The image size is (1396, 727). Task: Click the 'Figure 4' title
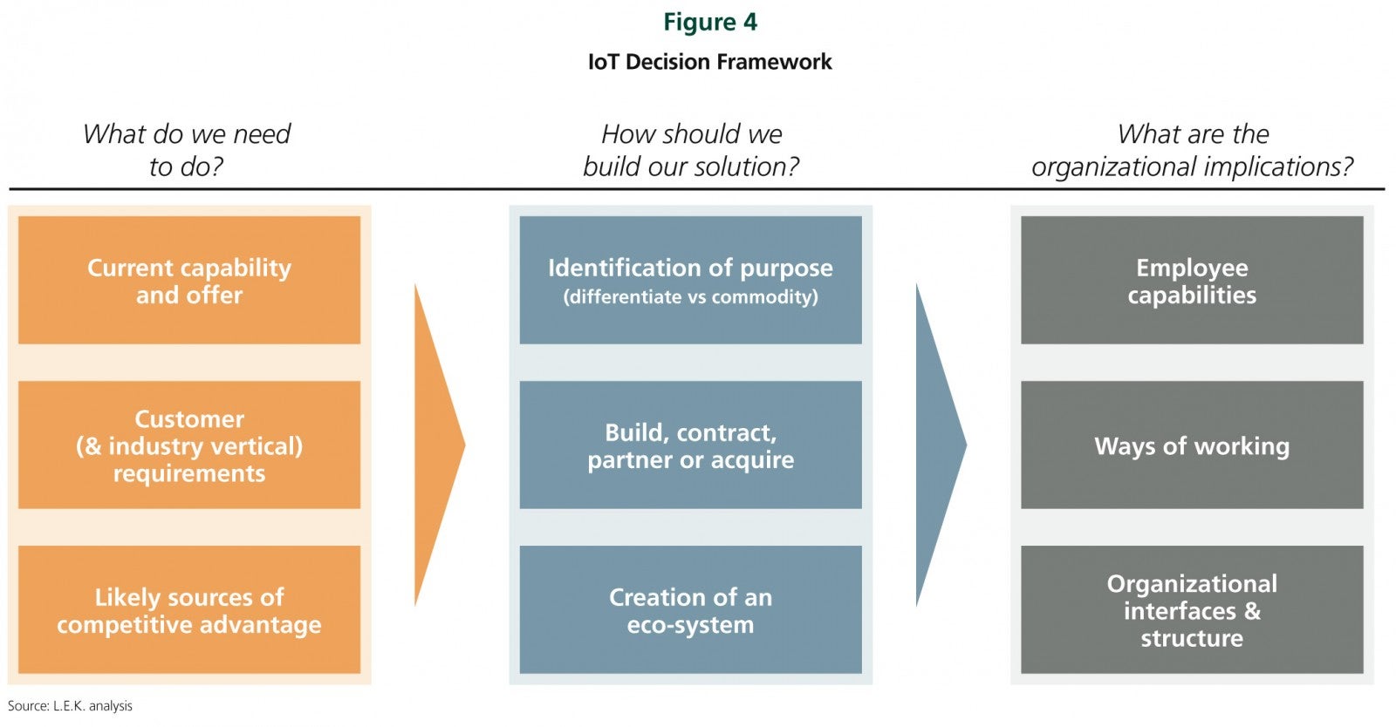710,23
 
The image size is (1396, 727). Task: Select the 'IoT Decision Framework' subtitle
710,62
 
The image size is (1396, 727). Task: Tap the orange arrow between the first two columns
440,445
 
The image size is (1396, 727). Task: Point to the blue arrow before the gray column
941,445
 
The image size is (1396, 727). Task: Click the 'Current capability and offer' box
189,280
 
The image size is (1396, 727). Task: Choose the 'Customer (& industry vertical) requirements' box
189,445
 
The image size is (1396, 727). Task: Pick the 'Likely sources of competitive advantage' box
189,609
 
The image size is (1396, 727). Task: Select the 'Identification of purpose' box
690,280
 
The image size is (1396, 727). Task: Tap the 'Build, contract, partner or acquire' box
690,445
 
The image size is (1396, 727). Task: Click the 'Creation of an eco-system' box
690,609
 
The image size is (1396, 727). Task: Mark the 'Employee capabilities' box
1192,280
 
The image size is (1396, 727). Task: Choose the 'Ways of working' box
1192,445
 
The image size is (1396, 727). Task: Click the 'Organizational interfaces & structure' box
1192,609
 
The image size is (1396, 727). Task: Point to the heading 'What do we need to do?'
187,150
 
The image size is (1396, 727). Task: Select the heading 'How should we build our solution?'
691,150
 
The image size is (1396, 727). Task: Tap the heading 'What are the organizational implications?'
1192,150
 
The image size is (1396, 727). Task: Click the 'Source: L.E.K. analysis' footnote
70,706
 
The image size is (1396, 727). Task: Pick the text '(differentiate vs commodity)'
690,297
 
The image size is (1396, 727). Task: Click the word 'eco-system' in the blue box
690,624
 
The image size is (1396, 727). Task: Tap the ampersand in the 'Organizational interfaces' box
1252,611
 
